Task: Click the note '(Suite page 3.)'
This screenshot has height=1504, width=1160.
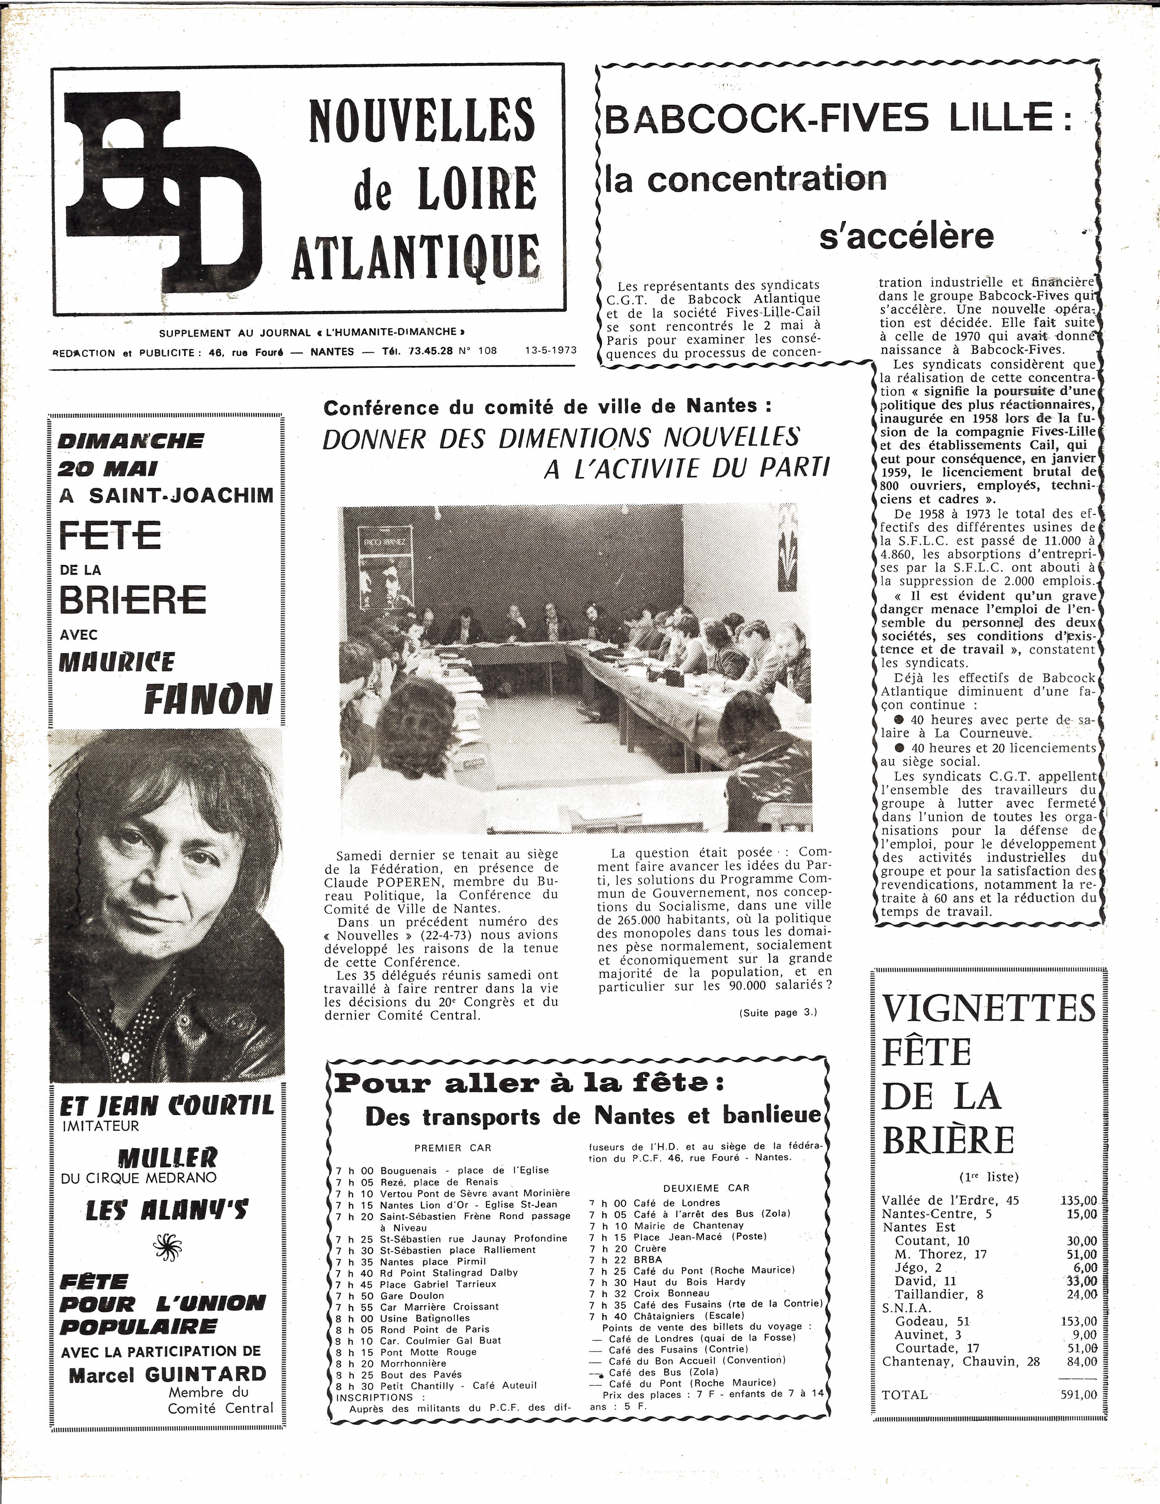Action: [x=778, y=1012]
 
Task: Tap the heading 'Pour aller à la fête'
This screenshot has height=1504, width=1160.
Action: [x=529, y=1083]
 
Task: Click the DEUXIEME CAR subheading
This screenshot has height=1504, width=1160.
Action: [x=706, y=1188]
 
